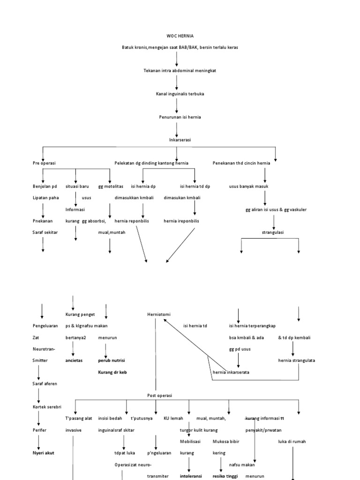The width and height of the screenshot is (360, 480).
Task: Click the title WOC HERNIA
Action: point(180,36)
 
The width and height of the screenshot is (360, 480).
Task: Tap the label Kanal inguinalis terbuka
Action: point(180,94)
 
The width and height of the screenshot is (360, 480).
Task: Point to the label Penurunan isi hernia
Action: point(180,117)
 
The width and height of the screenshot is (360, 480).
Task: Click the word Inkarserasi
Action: point(180,140)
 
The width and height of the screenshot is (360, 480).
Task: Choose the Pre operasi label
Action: point(45,163)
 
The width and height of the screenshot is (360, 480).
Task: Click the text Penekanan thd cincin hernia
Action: point(244,163)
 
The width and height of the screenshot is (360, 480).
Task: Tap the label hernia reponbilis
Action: point(132,221)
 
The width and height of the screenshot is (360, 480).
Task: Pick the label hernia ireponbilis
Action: point(181,221)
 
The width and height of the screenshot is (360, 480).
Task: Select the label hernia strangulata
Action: point(296,360)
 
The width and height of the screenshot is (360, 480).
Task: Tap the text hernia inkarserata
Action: point(231,372)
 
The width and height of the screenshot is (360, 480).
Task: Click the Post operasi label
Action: point(160,395)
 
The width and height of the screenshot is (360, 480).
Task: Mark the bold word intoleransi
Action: point(191,476)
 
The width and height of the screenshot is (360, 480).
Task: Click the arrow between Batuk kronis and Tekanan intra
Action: point(177,59)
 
